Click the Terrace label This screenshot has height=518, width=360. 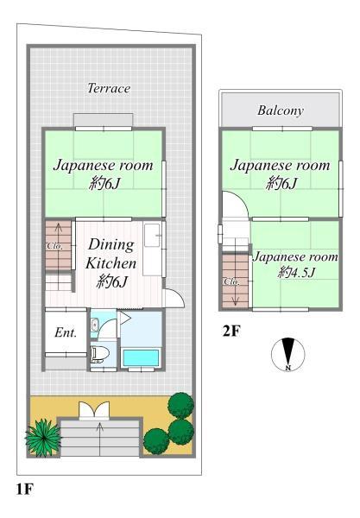(109, 88)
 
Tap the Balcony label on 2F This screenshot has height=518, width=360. (281, 111)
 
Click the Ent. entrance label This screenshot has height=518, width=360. (66, 332)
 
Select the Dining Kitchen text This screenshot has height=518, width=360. (111, 254)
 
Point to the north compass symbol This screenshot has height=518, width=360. (288, 355)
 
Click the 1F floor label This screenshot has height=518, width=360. (25, 489)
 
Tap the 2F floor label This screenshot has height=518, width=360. (231, 331)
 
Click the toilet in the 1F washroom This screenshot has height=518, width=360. (99, 354)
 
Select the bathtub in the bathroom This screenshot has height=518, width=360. (141, 357)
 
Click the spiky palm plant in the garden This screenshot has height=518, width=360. (43, 438)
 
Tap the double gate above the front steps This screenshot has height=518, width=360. (94, 410)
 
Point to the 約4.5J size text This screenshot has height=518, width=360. (297, 272)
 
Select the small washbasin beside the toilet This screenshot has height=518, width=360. (94, 325)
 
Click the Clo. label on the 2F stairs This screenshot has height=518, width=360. (231, 281)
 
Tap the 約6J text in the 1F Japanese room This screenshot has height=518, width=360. (104, 183)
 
